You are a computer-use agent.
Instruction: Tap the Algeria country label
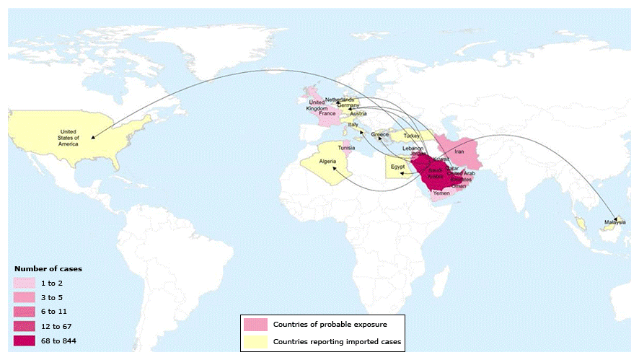[318, 162]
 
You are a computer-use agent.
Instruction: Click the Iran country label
[459, 152]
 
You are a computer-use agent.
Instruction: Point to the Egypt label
[397, 167]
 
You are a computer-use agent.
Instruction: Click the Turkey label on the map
[412, 136]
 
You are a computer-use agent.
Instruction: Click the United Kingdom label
[317, 106]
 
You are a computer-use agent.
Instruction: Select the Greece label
[379, 134]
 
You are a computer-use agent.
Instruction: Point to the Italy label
[353, 124]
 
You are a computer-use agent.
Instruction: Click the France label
[327, 114]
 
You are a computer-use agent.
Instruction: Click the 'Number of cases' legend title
[48, 268]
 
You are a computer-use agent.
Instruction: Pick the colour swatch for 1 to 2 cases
[24, 284]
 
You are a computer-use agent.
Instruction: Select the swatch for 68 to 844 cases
[24, 340]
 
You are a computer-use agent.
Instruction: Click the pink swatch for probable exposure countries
[255, 323]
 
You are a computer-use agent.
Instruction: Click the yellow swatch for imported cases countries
[255, 341]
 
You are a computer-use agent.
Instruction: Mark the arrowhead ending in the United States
[93, 137]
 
